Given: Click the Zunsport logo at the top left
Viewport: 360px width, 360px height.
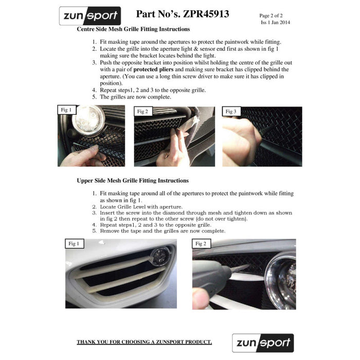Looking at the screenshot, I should point(90,16).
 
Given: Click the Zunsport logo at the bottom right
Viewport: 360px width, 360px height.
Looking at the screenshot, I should point(262,343).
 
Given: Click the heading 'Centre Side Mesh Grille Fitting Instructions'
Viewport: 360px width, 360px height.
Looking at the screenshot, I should point(133,29).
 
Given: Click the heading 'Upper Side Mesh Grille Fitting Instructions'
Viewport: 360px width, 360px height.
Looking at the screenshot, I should point(133,181).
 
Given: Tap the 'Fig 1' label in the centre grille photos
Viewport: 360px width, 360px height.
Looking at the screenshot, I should point(67,110).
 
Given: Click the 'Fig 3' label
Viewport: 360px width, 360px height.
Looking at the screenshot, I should point(231,111).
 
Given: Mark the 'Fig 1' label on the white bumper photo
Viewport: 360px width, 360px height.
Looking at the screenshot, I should point(74,243).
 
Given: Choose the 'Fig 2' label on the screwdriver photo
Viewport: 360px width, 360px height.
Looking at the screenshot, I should point(201,243).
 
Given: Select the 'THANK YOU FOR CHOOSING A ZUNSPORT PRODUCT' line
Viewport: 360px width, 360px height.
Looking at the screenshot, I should point(145,342).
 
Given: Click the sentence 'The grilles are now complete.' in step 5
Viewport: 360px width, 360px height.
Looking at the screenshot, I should point(135,97).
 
